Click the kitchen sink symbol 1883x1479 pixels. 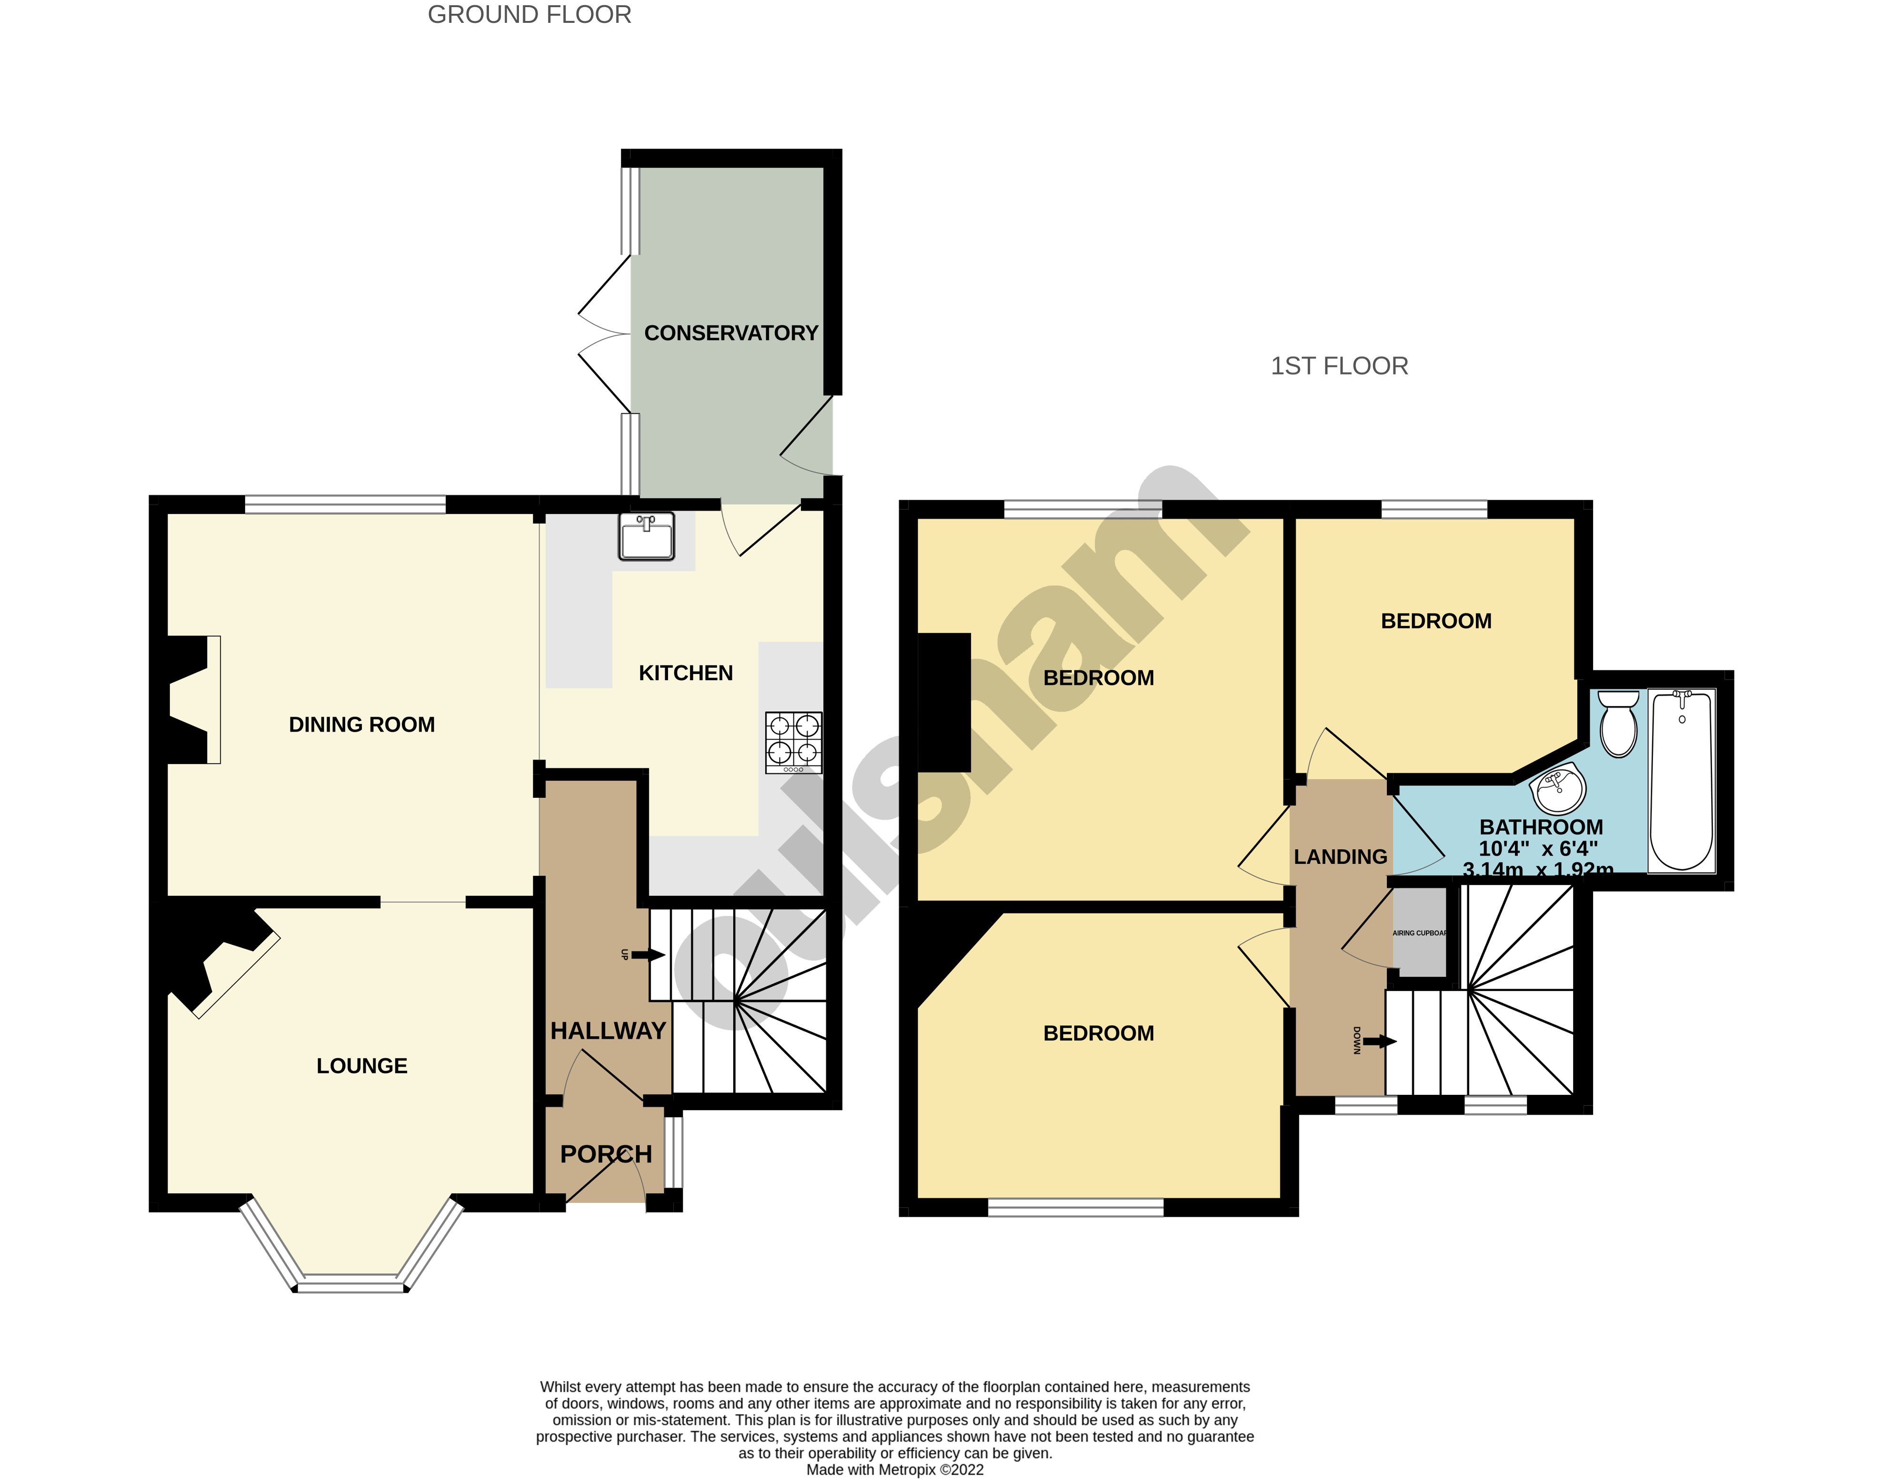646,537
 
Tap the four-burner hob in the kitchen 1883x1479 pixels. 793,742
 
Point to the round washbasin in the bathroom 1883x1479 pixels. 1557,788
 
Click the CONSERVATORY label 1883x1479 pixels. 731,333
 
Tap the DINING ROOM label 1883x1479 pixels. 361,725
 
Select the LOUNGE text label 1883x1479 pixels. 361,1066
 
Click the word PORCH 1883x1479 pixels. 606,1154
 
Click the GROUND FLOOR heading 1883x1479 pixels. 529,15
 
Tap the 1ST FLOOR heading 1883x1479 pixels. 1339,366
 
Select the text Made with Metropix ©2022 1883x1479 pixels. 895,1469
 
